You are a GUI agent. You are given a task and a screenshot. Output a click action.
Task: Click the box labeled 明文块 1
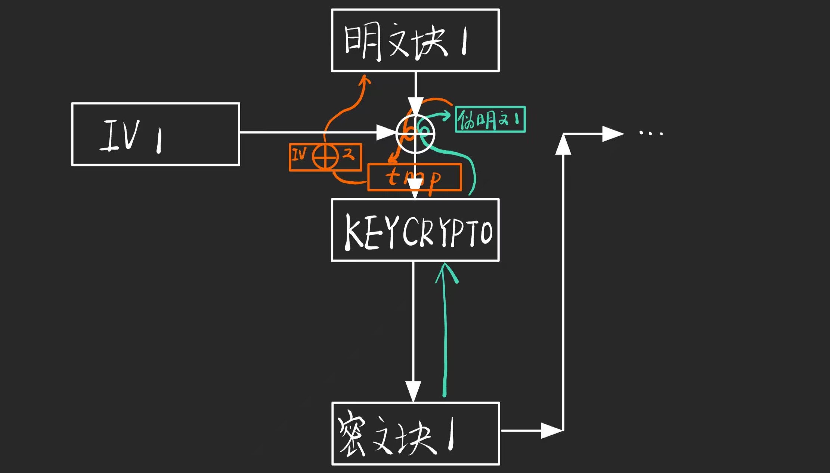click(415, 40)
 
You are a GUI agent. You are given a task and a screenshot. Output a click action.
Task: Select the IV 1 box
click(155, 134)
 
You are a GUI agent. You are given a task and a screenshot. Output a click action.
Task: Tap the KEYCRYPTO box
click(415, 230)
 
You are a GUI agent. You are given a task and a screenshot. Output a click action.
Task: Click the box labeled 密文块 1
click(415, 434)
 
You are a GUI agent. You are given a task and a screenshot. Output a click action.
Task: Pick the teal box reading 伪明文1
click(490, 120)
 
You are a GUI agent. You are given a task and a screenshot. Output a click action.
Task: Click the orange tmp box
click(415, 177)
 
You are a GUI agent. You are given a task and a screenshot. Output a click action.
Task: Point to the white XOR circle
click(415, 134)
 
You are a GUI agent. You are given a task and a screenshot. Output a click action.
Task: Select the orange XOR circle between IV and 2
click(325, 157)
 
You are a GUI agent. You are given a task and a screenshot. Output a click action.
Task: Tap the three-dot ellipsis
click(651, 133)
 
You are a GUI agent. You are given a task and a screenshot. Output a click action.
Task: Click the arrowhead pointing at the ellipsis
click(613, 134)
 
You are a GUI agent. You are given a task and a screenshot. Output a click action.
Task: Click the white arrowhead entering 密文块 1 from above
click(413, 391)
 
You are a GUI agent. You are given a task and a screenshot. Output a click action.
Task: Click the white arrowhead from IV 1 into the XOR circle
click(385, 132)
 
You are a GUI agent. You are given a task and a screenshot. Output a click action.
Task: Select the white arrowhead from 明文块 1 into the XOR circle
click(415, 105)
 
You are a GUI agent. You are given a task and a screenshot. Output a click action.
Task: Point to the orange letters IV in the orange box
click(299, 154)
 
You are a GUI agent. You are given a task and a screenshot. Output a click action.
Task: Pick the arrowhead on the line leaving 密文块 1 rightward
click(551, 431)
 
